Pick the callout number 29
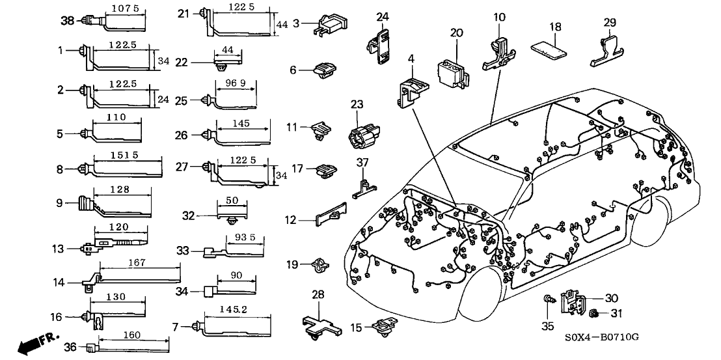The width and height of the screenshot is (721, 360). [609, 22]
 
